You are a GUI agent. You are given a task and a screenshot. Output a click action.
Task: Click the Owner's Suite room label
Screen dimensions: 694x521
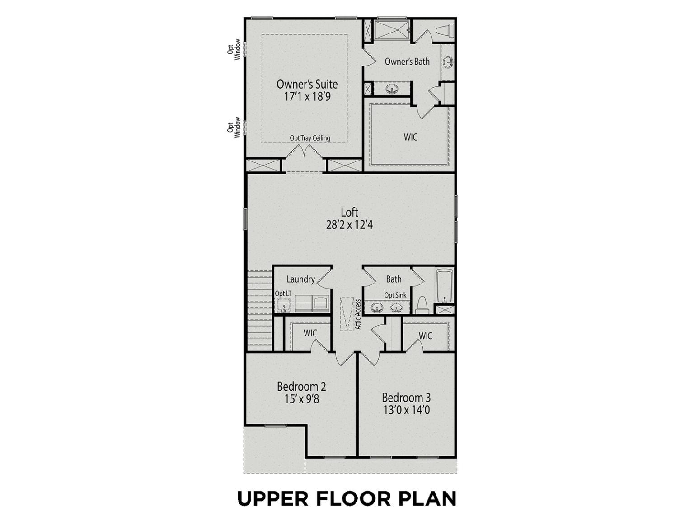(x=307, y=84)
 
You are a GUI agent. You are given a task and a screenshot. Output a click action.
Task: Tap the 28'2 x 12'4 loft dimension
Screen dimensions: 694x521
(x=349, y=225)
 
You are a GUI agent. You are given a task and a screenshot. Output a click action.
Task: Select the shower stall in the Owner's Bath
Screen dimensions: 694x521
(x=392, y=30)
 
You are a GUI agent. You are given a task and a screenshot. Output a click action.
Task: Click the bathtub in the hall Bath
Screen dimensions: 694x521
(x=444, y=285)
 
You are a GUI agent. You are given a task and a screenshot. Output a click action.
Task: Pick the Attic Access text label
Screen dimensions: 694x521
(x=358, y=314)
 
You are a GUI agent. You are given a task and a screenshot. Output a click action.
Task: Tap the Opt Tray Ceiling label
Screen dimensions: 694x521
(x=310, y=138)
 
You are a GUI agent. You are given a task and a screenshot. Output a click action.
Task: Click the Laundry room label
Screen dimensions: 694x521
(x=300, y=279)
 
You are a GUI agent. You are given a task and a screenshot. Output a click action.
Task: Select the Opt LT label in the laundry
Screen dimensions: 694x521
(x=283, y=294)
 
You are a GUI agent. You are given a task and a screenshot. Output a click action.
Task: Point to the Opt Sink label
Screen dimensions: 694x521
(x=395, y=295)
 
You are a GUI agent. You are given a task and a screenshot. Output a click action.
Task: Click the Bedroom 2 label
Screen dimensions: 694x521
(x=301, y=387)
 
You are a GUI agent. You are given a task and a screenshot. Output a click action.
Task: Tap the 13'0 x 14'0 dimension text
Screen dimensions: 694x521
(x=406, y=410)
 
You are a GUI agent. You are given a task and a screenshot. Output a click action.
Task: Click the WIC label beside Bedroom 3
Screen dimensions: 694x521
(x=425, y=336)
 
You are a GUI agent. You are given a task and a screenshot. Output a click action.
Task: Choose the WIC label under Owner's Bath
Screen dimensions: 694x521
(x=410, y=137)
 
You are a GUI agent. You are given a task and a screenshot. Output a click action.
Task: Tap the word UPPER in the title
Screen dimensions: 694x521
(x=272, y=498)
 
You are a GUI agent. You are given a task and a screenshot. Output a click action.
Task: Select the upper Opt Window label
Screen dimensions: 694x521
(x=234, y=49)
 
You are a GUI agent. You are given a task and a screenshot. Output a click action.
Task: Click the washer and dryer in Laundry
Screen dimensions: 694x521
(x=312, y=303)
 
